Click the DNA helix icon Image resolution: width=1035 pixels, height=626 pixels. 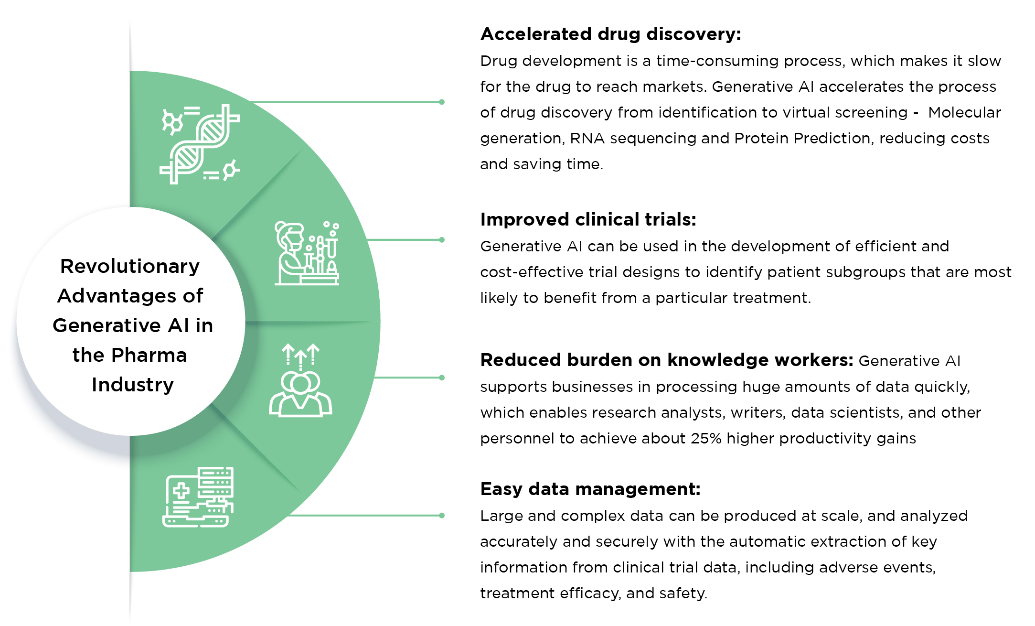[200, 144]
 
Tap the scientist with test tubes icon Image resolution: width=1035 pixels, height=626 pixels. [307, 253]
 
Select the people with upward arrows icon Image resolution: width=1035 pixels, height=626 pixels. [300, 380]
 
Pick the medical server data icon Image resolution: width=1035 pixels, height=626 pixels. [198, 497]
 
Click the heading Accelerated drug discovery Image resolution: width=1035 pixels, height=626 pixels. [610, 34]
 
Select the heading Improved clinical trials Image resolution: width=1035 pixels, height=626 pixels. [588, 219]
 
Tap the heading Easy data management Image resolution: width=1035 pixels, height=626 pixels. [590, 489]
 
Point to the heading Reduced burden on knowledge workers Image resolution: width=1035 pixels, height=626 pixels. [666, 360]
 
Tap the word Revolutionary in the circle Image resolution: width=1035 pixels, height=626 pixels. [130, 266]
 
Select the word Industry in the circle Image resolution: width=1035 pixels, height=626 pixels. [133, 385]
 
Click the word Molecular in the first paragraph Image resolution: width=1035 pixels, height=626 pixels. [964, 112]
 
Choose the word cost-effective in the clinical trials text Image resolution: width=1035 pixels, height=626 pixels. [532, 272]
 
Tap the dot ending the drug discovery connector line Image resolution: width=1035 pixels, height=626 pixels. [442, 102]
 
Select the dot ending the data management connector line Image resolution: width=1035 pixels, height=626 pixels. [442, 516]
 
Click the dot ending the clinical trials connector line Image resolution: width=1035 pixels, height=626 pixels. [442, 240]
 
